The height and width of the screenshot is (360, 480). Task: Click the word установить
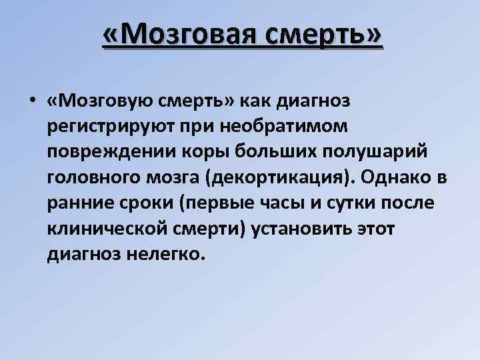(306, 228)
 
